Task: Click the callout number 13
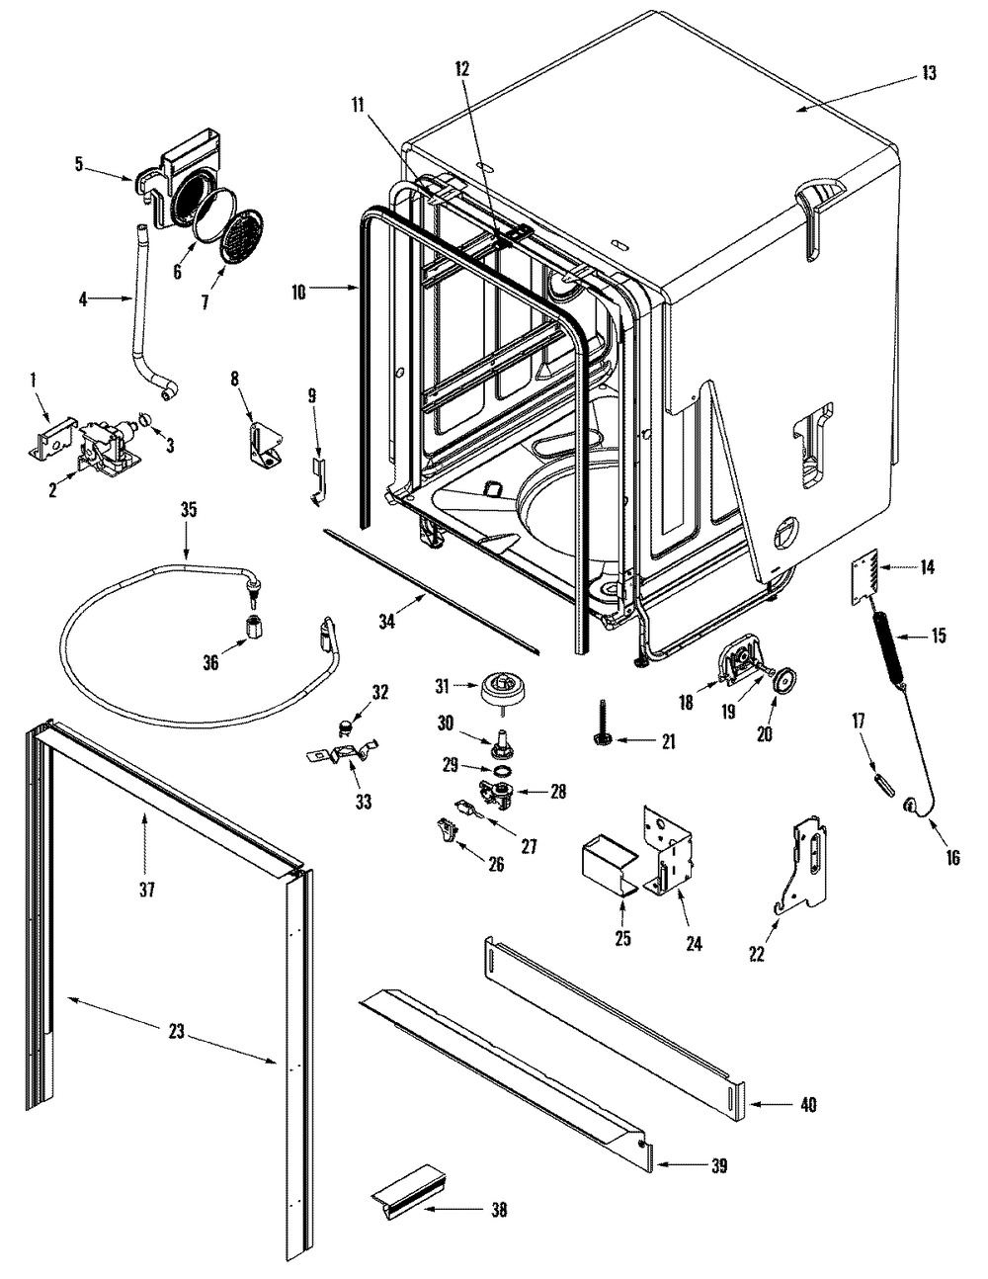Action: click(x=929, y=73)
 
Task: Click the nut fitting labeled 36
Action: click(x=252, y=629)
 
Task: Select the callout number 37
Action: click(x=146, y=889)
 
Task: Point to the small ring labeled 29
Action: click(x=501, y=771)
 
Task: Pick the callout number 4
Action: click(x=83, y=299)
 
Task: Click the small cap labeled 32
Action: click(x=345, y=726)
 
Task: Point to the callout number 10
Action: click(x=298, y=292)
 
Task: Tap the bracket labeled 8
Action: click(x=267, y=447)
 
